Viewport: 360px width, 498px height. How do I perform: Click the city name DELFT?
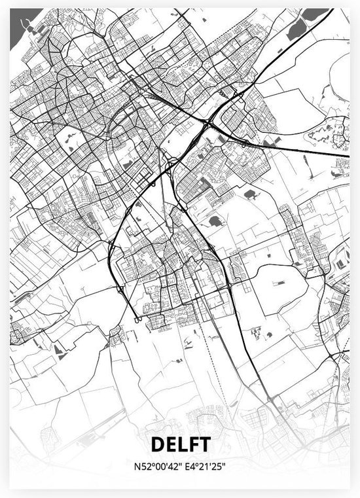[x=180, y=444]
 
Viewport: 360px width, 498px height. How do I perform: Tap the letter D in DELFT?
[x=158, y=444]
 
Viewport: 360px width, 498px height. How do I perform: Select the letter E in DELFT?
[x=170, y=444]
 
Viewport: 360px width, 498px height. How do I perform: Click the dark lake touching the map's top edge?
[x=314, y=14]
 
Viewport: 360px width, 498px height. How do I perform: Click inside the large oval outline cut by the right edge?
[x=340, y=72]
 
